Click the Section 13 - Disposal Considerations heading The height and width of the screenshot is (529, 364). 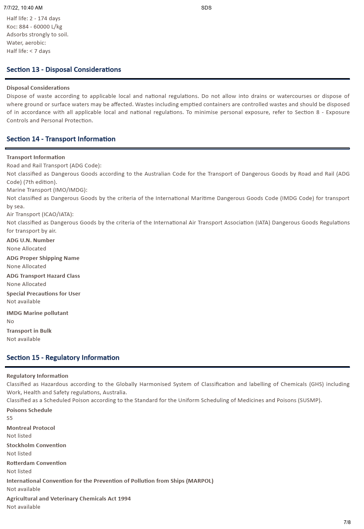tap(64, 69)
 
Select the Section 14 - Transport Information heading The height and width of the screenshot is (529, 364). tap(61, 139)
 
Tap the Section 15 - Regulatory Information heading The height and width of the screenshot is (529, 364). tap(63, 357)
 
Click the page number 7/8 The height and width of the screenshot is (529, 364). tap(347, 522)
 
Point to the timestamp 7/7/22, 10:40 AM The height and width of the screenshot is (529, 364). tap(23, 8)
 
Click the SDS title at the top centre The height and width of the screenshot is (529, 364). tap(206, 8)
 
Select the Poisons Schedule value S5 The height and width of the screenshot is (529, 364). tap(10, 418)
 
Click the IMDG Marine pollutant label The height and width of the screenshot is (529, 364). tap(37, 313)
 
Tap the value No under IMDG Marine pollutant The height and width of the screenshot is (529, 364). tap(10, 321)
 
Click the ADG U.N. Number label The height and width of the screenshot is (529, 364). tap(31, 240)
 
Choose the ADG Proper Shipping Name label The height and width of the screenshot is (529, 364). tap(43, 258)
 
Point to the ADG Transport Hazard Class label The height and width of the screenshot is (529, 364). tap(43, 276)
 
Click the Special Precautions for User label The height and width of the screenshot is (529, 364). tap(43, 293)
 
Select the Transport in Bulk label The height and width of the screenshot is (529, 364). tap(29, 331)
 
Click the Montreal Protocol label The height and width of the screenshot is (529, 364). tap(31, 428)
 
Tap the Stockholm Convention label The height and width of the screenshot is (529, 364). tap(36, 445)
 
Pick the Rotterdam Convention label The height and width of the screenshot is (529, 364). tap(36, 463)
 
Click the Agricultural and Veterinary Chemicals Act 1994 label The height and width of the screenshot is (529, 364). tap(69, 498)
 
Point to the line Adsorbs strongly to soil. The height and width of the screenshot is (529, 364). tap(38, 35)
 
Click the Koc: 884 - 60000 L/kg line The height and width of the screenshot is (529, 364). tap(34, 26)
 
